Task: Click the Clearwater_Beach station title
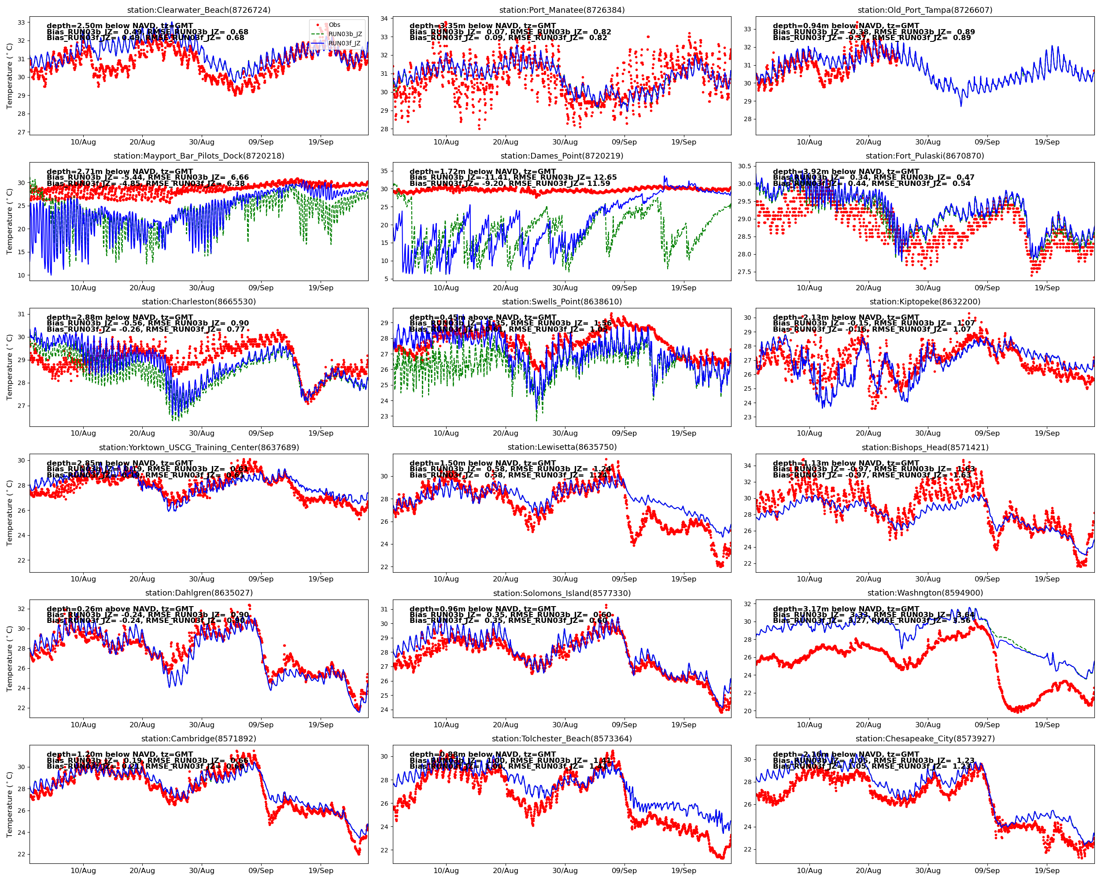tap(199, 10)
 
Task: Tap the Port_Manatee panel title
tap(562, 10)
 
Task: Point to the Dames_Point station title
tap(562, 156)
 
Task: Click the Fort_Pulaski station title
tap(925, 156)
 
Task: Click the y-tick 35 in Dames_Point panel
tap(384, 171)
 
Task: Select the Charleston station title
tap(199, 302)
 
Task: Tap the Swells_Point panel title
tap(562, 302)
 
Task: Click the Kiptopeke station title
tap(925, 302)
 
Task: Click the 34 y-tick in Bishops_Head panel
tap(747, 466)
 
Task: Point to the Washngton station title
tap(925, 593)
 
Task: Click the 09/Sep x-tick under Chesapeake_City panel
tap(986, 870)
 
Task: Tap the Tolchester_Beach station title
tap(562, 739)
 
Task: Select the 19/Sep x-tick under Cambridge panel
tap(321, 870)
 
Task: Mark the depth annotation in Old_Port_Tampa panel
tap(846, 26)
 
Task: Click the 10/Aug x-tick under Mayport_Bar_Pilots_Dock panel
tap(83, 288)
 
